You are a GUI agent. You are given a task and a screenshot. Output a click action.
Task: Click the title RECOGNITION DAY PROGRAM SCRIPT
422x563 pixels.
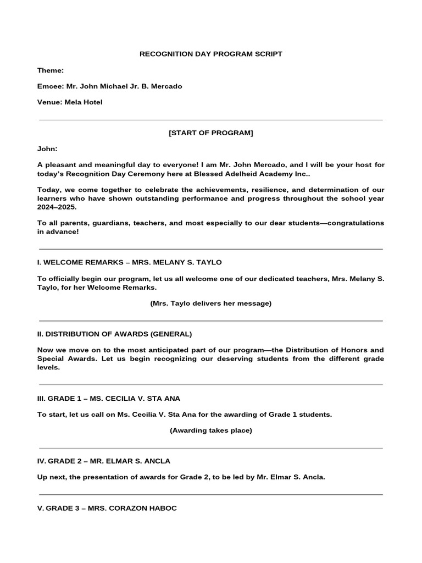click(x=211, y=54)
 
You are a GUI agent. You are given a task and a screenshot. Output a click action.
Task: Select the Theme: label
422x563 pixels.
click(x=51, y=70)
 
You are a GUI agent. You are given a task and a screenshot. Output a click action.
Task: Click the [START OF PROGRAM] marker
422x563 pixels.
click(x=211, y=133)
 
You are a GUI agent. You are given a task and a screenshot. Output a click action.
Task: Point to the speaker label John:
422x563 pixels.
click(x=47, y=149)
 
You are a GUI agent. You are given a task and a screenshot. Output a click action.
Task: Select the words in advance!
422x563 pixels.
click(x=58, y=232)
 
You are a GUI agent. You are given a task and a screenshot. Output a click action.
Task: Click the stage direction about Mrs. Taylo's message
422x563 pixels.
click(x=211, y=303)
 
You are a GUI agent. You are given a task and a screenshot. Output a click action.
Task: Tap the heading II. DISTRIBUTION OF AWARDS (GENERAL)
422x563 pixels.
click(x=114, y=334)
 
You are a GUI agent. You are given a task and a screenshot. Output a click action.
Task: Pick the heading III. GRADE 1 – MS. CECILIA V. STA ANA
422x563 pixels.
click(x=109, y=398)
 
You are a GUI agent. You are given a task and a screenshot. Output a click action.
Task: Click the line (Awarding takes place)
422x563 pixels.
click(x=211, y=430)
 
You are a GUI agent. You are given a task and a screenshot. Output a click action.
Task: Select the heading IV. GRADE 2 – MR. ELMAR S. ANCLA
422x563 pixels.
click(x=104, y=461)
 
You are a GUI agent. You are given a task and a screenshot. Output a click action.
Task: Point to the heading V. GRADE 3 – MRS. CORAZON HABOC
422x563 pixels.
click(x=107, y=509)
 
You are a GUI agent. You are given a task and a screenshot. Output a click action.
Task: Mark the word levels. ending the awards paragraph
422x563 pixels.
click(x=48, y=368)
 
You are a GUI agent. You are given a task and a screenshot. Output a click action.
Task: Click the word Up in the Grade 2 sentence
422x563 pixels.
click(x=43, y=477)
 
